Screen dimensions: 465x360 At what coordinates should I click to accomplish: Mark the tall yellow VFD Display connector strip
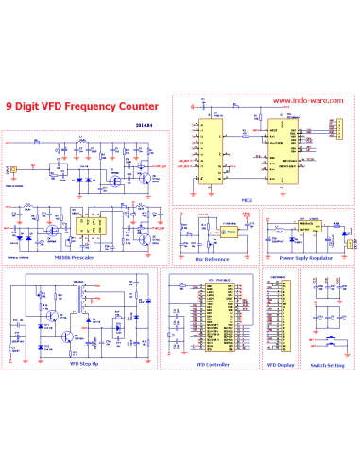click(x=277, y=302)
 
